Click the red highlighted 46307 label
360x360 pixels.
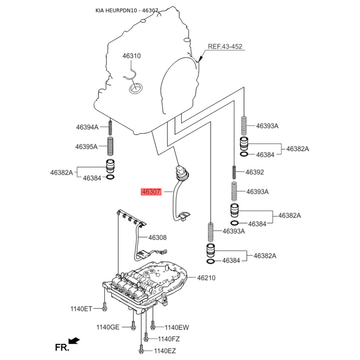(151, 192)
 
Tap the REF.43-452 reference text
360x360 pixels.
(225, 47)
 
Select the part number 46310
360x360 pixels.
(132, 56)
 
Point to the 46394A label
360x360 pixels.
(87, 127)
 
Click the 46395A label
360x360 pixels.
(86, 146)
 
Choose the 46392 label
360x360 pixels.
(255, 172)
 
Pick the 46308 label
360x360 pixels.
(157, 237)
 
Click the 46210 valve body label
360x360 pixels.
(206, 278)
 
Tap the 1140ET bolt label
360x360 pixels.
(81, 309)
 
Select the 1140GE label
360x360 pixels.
(108, 327)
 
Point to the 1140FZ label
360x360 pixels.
(169, 339)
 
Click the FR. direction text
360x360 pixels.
(61, 347)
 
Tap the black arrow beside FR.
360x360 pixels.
(75, 341)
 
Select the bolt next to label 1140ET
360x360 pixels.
(104, 307)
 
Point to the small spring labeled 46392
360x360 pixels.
(234, 172)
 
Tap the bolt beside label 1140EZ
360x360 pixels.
(141, 348)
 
